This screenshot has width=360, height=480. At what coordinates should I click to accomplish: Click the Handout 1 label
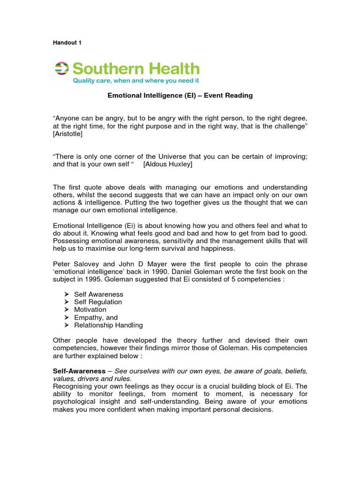67,43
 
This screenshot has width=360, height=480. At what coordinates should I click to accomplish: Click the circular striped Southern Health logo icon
61,68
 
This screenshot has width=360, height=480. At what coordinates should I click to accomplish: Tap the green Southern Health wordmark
136,68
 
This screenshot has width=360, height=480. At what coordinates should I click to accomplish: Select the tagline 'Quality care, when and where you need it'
135,81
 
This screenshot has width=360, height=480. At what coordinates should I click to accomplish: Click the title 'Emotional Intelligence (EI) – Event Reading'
180,96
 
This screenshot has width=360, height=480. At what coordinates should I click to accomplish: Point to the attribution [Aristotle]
68,134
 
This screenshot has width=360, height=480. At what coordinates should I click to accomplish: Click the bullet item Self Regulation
98,302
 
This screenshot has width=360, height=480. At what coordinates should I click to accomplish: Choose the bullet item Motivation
90,310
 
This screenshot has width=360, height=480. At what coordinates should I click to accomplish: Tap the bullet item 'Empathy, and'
96,317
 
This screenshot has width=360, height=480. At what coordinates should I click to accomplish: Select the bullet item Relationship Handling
108,325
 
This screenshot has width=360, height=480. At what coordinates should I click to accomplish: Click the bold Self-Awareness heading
79,371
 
